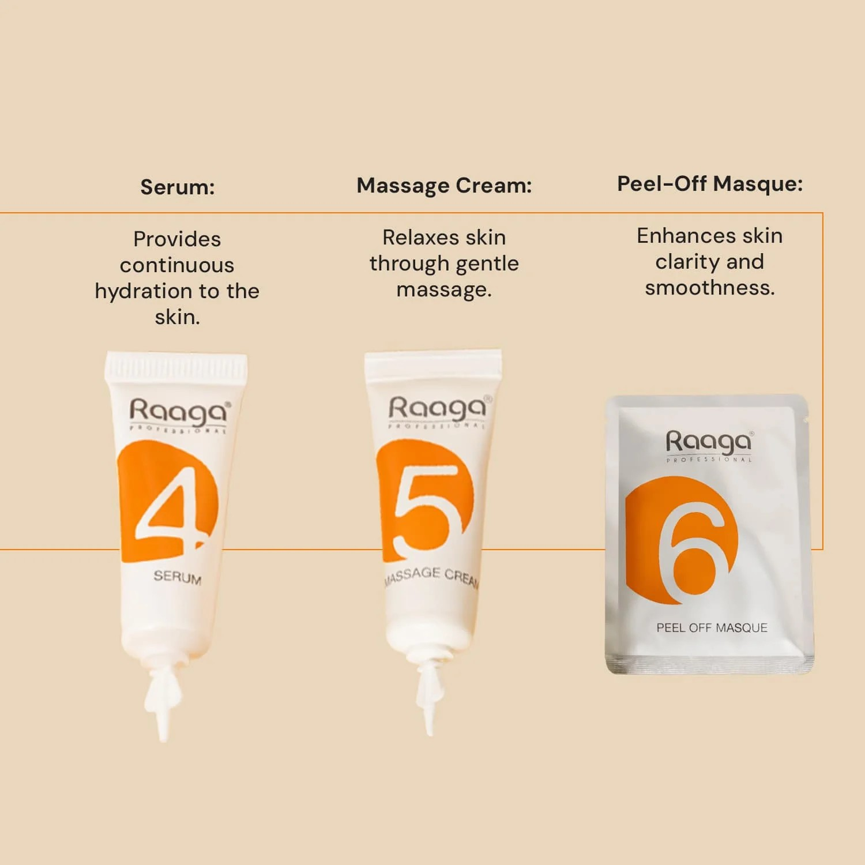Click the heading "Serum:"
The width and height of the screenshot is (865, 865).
tap(178, 187)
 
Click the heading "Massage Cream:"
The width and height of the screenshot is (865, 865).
tap(444, 185)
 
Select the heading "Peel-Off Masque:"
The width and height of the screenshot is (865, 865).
tap(710, 183)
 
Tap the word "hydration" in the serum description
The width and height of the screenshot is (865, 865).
tap(144, 291)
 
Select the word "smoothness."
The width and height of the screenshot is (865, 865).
tap(710, 287)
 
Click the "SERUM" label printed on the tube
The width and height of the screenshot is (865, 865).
tap(178, 577)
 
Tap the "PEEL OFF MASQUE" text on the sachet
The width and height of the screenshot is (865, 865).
tap(712, 627)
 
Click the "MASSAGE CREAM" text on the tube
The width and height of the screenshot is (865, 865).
tap(432, 576)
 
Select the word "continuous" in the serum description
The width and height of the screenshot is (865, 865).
tap(177, 265)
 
